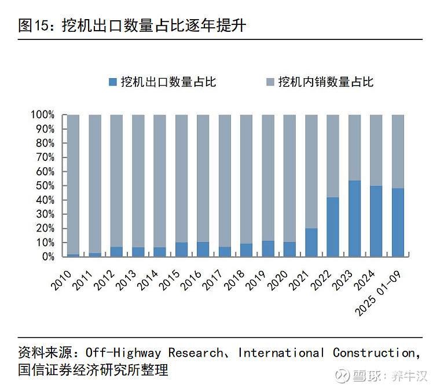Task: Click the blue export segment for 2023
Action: coord(354,219)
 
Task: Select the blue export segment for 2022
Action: coord(333,227)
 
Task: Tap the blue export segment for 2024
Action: coord(376,221)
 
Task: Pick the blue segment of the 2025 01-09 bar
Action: coord(398,222)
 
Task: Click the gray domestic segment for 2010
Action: coord(73,184)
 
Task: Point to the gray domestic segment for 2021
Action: coord(311,171)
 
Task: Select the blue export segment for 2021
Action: coord(311,243)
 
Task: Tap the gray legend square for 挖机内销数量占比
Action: coord(270,82)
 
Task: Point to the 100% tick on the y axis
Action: coord(43,115)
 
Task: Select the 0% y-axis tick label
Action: coord(47,256)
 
